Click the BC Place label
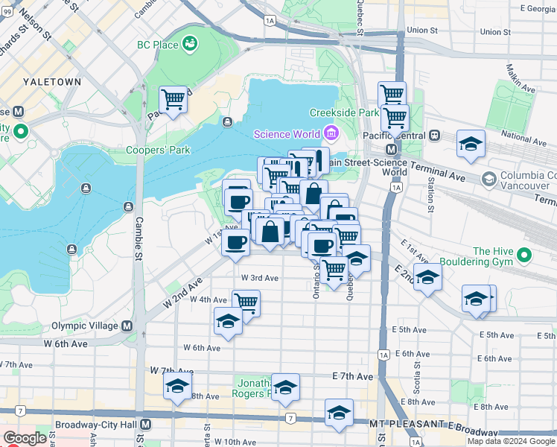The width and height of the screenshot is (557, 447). [157, 45]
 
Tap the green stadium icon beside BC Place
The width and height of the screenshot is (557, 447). [190, 43]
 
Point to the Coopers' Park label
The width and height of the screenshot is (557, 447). [158, 150]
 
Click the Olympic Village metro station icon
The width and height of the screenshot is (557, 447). [127, 326]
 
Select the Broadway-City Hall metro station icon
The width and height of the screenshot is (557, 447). [146, 424]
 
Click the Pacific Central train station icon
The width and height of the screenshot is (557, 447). [434, 136]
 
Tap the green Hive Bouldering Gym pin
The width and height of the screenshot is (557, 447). [526, 256]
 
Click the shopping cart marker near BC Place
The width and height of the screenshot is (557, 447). [173, 99]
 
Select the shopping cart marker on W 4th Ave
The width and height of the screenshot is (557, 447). [246, 302]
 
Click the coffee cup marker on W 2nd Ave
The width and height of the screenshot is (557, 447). [236, 243]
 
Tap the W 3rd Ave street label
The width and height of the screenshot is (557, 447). [259, 278]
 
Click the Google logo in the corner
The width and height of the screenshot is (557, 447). [25, 438]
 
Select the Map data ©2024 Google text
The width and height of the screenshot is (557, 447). [511, 441]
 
